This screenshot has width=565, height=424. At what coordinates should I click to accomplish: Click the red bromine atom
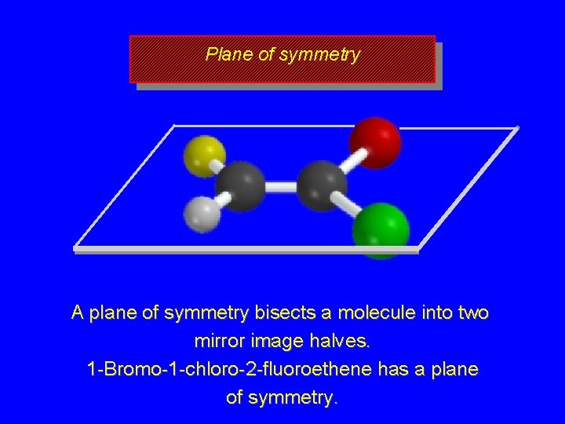coord(375,142)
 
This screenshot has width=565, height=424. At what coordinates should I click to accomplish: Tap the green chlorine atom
coord(381,230)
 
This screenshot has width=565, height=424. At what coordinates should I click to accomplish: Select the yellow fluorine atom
coord(204,154)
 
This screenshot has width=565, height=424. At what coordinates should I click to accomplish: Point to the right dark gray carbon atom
coord(322,185)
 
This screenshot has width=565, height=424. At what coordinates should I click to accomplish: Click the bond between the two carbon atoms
coord(280,187)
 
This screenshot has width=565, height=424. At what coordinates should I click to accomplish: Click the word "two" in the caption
coord(472,313)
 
